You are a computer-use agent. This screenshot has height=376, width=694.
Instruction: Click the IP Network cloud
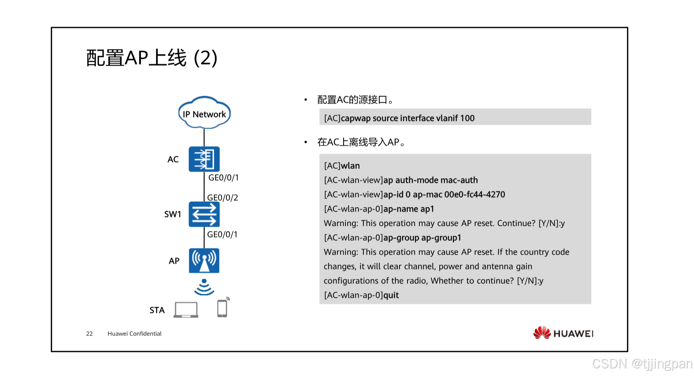click(x=204, y=113)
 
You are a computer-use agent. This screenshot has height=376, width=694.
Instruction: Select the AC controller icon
click(x=204, y=159)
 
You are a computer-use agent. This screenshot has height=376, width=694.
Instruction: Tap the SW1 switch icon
click(x=204, y=214)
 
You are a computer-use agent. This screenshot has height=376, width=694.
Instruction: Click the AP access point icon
click(x=204, y=261)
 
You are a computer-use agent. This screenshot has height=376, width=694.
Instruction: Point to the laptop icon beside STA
click(x=186, y=310)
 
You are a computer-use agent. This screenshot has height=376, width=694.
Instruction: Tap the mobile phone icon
click(x=222, y=308)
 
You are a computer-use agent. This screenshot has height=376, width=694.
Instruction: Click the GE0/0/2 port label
click(x=223, y=198)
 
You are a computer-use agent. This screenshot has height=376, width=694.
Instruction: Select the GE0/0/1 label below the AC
click(x=223, y=178)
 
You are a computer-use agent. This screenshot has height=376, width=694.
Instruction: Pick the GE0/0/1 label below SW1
click(x=222, y=234)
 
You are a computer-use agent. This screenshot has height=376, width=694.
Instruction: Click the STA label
click(x=157, y=310)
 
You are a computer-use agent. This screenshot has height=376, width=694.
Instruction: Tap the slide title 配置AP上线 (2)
click(x=152, y=58)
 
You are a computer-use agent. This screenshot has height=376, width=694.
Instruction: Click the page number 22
click(x=89, y=334)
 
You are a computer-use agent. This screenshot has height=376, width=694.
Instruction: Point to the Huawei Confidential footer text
click(x=134, y=334)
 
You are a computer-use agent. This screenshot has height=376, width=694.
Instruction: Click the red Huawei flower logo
click(x=542, y=333)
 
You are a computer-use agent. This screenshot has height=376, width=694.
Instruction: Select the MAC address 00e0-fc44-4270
click(x=475, y=195)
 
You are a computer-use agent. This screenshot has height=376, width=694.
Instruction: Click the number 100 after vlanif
click(x=467, y=118)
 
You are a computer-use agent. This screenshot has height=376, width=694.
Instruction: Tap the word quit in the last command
click(x=391, y=295)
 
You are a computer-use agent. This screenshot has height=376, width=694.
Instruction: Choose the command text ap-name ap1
click(x=409, y=209)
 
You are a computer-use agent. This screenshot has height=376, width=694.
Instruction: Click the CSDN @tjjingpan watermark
click(x=642, y=363)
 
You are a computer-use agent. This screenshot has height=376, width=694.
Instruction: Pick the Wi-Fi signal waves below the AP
click(x=204, y=287)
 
